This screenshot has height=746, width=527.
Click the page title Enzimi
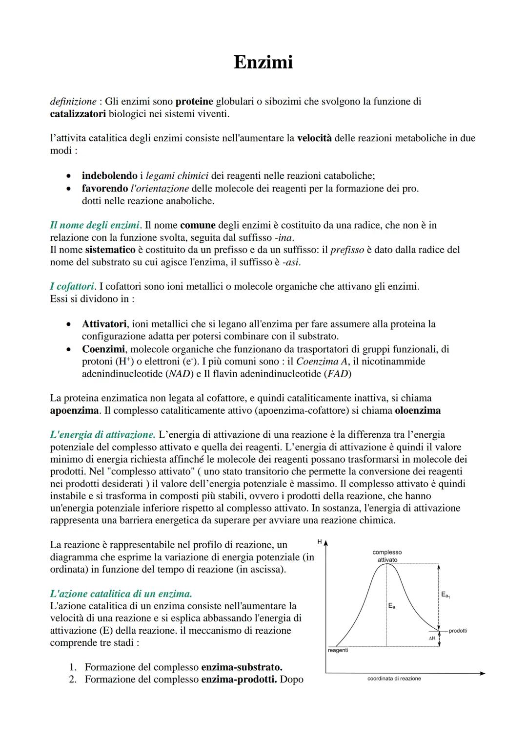tap(263, 63)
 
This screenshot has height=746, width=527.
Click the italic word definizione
tap(73, 102)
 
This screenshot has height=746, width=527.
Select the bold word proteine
tap(194, 102)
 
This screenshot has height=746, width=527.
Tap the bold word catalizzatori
tap(78, 114)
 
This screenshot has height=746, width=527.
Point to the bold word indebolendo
tap(109, 175)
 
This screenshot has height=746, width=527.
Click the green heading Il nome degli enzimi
tap(95, 225)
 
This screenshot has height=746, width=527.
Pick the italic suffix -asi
tap(291, 262)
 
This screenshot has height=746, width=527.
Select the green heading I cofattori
tap(72, 286)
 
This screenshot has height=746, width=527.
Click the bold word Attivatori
tap(104, 324)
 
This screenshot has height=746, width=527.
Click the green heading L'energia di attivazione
tap(102, 435)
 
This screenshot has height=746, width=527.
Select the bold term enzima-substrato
tap(242, 667)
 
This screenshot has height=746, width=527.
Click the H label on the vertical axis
tap(320, 542)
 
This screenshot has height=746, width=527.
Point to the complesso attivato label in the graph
tap(387, 556)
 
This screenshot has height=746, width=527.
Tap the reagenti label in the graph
tap(338, 650)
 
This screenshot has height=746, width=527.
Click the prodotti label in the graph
tap(458, 631)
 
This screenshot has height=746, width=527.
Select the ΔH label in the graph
tap(432, 639)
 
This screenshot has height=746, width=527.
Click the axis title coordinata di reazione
tap(394, 679)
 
